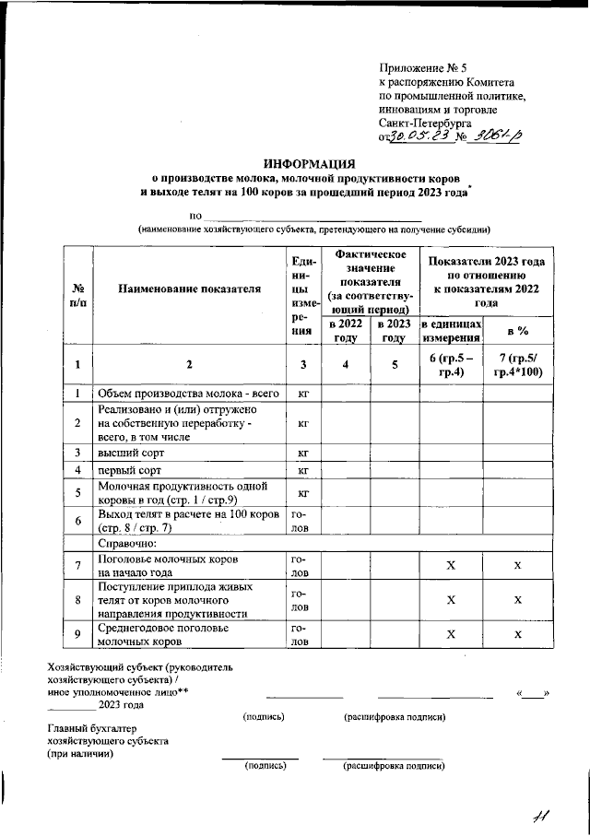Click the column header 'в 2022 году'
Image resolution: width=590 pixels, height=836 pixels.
pos(345,331)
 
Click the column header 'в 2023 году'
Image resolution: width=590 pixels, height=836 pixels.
pos(395,331)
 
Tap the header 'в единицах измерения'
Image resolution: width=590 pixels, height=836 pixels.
pos(451,332)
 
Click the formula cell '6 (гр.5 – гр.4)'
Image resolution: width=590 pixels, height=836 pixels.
pos(451,365)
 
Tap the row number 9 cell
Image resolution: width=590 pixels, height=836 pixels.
pos(78,634)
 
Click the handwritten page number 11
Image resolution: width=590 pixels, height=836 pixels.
pos(540,814)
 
